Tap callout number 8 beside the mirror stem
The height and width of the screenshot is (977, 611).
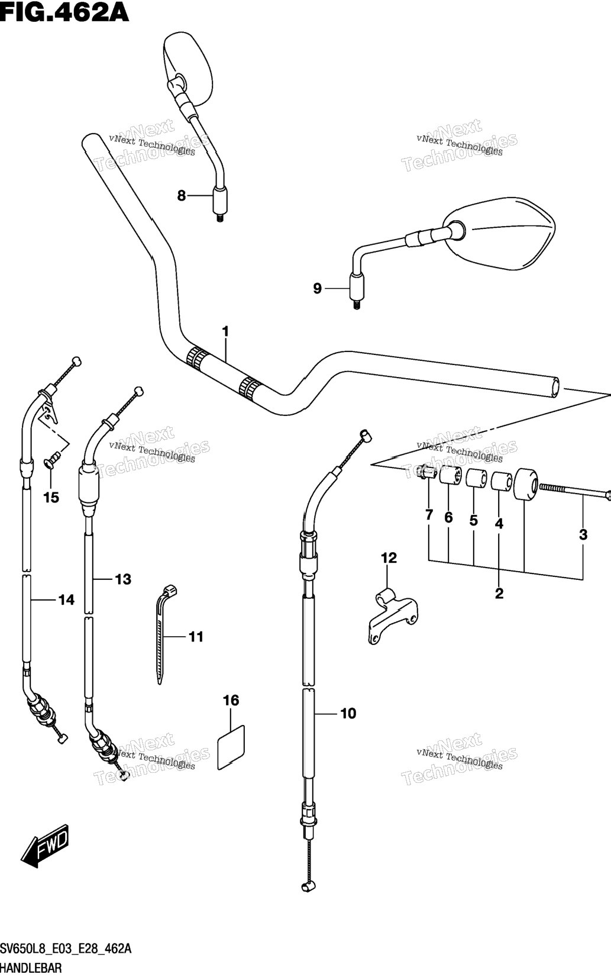tap(182, 196)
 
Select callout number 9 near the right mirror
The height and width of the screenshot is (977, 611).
tap(317, 288)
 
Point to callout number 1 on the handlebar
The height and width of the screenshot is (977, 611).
tap(225, 332)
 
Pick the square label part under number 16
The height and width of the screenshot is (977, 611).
tap(231, 747)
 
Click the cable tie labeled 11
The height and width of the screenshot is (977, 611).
tap(164, 634)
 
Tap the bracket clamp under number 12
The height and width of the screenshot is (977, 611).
tap(392, 615)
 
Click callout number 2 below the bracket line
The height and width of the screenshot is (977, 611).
tap(499, 593)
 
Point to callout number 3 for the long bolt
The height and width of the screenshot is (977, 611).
tap(583, 534)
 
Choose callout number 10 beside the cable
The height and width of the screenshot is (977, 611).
tap(348, 714)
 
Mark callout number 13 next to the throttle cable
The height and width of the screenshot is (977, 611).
tap(124, 579)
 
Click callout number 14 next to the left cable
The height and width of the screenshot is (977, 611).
tap(66, 600)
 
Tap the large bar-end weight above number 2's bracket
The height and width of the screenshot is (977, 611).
tap(526, 485)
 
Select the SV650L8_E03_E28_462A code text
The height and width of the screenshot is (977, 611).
tap(66, 949)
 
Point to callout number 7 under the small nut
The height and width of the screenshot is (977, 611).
tap(429, 515)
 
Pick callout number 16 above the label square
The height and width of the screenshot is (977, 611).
tap(231, 701)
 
